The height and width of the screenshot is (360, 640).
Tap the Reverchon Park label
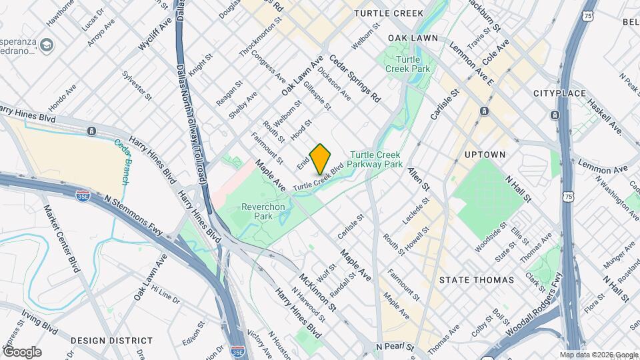[x=263, y=211]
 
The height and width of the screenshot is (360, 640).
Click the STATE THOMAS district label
[x=477, y=280]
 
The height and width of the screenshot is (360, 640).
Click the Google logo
[x=21, y=351]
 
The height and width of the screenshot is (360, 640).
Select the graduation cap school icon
[x=46, y=45]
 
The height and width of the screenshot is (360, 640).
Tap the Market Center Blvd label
[x=61, y=238]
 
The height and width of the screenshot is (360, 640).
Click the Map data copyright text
[x=597, y=355]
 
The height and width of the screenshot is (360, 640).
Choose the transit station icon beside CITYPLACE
[x=555, y=115]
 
